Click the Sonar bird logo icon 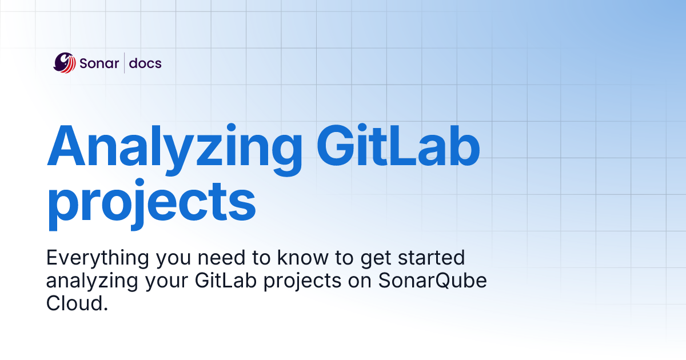(65, 62)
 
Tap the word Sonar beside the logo (98, 63)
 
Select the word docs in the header (145, 63)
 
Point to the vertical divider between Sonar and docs (125, 63)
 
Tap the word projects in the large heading (151, 203)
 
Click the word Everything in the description (97, 258)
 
